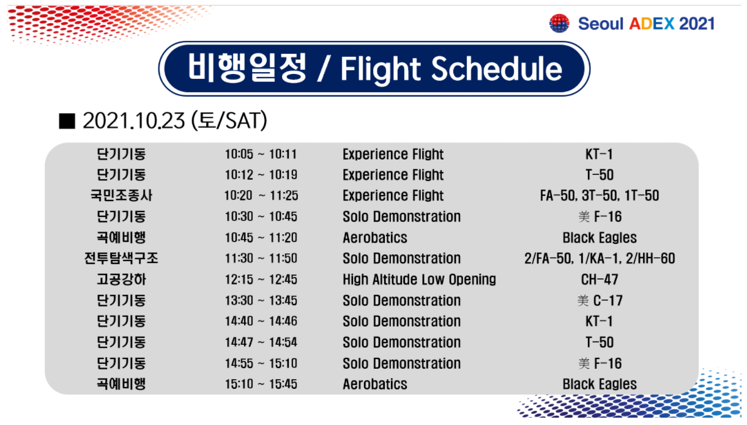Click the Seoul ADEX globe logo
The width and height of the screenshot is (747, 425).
(x=559, y=23)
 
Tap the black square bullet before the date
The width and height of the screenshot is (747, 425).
(x=67, y=121)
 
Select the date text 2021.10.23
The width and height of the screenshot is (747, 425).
(x=134, y=120)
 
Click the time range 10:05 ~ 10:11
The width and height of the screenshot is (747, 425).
(x=261, y=154)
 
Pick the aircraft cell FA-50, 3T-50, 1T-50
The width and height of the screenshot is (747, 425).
(x=600, y=196)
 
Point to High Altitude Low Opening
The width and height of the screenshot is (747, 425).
(x=419, y=279)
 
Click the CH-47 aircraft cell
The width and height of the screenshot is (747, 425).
(x=600, y=279)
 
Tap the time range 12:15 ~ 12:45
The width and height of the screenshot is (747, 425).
(x=261, y=279)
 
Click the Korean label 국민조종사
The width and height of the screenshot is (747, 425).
(x=121, y=195)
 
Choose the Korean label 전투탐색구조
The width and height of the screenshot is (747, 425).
(x=121, y=258)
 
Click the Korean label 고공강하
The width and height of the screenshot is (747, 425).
(x=121, y=279)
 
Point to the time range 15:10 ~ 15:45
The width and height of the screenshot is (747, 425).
(x=261, y=384)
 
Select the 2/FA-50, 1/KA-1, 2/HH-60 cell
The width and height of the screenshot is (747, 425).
(x=600, y=258)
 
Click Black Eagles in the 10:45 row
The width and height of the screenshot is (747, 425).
(x=600, y=238)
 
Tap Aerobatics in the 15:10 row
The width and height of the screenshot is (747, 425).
(x=375, y=384)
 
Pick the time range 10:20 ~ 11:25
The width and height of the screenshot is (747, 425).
(x=261, y=196)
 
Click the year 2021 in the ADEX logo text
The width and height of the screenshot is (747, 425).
(x=697, y=24)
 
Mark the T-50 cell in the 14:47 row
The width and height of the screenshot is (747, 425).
(x=600, y=342)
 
